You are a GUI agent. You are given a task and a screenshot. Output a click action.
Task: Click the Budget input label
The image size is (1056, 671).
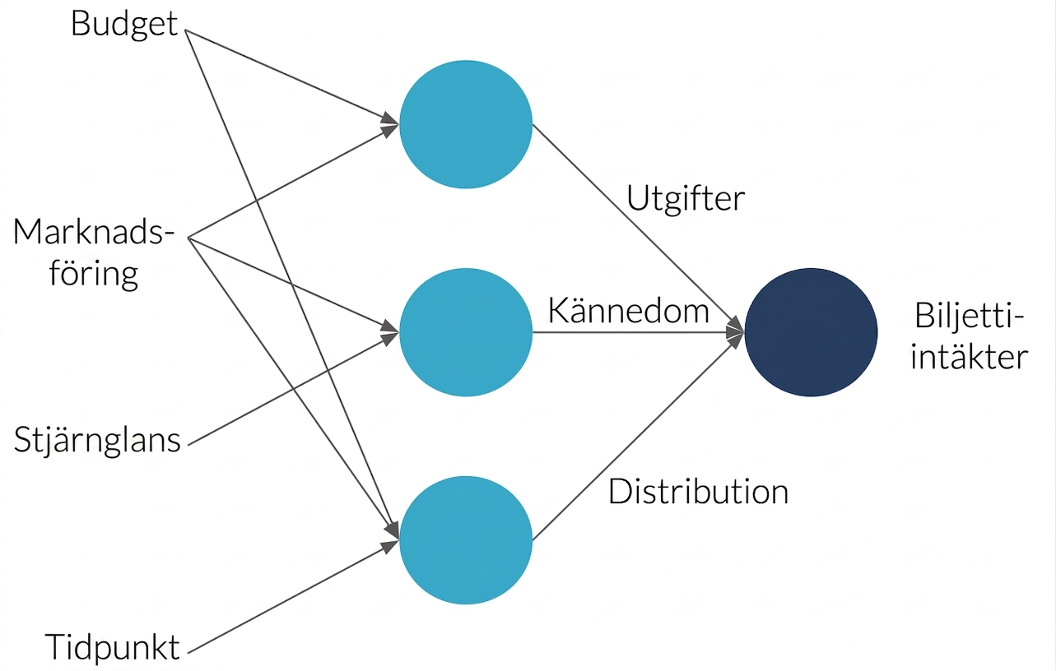(124, 25)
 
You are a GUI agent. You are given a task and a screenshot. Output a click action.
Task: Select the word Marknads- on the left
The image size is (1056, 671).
(93, 232)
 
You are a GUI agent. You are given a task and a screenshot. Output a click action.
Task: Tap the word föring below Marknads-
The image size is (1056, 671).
(93, 274)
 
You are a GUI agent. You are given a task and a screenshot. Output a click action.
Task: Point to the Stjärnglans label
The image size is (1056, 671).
(97, 441)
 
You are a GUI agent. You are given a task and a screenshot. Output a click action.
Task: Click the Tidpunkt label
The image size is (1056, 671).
(112, 647)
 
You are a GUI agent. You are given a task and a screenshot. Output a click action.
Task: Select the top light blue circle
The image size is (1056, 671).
(466, 124)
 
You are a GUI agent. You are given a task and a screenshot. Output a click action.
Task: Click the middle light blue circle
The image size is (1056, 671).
(466, 332)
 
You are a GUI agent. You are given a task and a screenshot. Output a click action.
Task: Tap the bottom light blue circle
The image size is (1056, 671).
(466, 540)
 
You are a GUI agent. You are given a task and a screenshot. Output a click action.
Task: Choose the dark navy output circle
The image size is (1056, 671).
(811, 332)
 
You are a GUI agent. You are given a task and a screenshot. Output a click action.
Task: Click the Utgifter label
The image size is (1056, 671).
(686, 200)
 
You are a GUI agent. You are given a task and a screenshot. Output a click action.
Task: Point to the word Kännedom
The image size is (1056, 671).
(629, 311)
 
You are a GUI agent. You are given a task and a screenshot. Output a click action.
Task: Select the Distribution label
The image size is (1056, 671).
(698, 492)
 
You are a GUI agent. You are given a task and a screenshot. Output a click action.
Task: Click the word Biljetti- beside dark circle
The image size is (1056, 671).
(970, 316)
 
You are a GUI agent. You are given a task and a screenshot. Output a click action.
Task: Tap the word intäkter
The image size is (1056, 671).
(970, 358)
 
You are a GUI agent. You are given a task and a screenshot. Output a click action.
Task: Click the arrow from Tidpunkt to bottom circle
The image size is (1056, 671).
(293, 597)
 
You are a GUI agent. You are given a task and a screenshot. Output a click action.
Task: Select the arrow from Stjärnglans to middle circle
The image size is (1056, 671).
(293, 388)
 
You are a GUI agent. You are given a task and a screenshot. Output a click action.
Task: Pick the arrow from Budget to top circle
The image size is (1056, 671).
(292, 77)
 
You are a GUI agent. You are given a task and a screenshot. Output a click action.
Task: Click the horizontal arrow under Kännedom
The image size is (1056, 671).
(639, 332)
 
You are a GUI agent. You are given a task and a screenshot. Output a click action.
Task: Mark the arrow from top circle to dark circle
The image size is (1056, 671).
(639, 229)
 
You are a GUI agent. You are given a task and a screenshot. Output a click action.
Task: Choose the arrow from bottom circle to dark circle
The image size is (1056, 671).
(639, 436)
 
